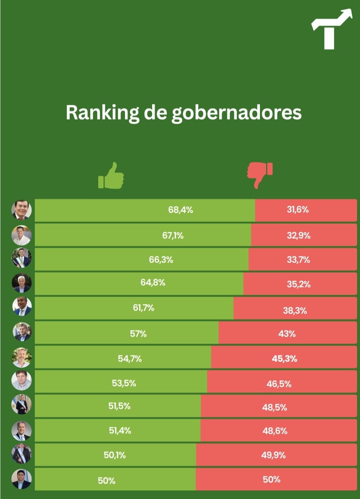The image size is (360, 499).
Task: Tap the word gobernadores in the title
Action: (236, 113)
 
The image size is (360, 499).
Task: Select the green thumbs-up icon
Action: (111, 176)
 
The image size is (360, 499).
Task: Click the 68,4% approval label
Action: (180, 210)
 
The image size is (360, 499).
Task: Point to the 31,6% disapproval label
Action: (298, 210)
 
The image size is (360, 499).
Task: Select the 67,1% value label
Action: (173, 235)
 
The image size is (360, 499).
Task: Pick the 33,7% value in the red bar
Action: (298, 260)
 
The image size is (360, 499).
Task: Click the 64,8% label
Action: (153, 283)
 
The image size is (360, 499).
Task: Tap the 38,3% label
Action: (295, 311)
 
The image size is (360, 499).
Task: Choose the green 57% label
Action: (138, 334)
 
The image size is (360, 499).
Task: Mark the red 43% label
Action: (287, 334)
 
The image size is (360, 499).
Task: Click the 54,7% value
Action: (130, 359)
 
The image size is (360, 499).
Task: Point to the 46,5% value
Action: (279, 384)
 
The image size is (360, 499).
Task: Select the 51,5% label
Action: (120, 406)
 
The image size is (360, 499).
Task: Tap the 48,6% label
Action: (275, 431)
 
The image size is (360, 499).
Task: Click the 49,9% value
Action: (273, 455)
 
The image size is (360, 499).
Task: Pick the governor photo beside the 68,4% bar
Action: (22, 210)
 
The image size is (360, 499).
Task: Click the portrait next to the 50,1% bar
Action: (22, 454)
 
